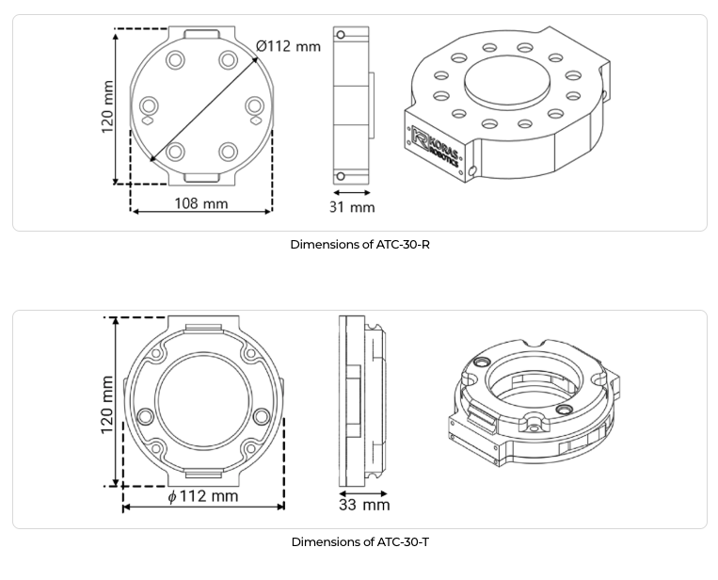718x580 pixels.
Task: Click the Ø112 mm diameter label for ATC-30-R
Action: click(x=288, y=46)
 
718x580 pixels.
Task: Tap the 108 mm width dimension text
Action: click(x=200, y=202)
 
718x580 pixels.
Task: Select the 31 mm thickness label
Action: click(x=351, y=207)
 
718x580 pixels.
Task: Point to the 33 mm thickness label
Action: click(x=363, y=506)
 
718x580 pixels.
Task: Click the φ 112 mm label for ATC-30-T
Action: click(x=202, y=496)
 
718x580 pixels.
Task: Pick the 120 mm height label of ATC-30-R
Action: click(x=107, y=106)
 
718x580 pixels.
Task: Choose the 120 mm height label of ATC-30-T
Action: click(x=107, y=404)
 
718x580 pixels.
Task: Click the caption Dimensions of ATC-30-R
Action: click(x=359, y=245)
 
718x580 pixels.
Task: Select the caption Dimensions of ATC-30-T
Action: click(x=359, y=542)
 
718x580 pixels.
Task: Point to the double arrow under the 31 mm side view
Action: click(x=351, y=192)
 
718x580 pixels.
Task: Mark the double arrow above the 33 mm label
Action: click(x=363, y=492)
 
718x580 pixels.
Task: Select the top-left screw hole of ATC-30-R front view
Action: click(x=176, y=61)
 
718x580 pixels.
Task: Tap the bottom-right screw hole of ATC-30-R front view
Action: click(x=228, y=152)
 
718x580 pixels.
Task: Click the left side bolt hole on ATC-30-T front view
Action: click(x=145, y=417)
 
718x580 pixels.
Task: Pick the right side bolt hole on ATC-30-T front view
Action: click(x=262, y=417)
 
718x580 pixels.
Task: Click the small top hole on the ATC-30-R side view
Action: click(x=341, y=36)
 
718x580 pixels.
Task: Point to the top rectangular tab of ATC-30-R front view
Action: click(x=201, y=36)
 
